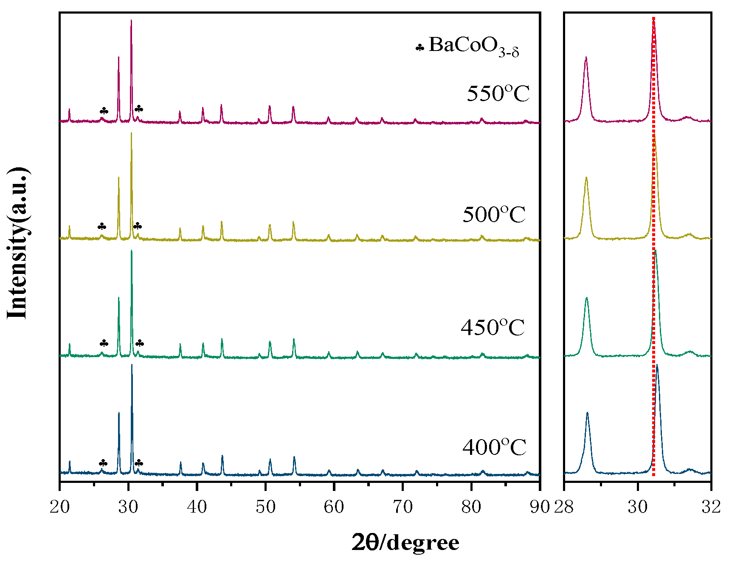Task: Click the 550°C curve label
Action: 498,94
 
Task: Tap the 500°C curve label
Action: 494,215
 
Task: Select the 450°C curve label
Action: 493,328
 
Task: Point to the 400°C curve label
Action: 494,448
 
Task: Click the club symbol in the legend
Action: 419,48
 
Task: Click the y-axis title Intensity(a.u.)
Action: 18,243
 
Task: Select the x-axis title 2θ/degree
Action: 405,543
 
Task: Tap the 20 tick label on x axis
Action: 60,507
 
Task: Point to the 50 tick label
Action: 265,507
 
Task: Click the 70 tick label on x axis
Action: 402,507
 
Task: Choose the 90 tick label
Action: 540,507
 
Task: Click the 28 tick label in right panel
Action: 564,507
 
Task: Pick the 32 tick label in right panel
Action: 711,507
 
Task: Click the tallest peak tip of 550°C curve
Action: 131,20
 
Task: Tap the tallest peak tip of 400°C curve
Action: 132,365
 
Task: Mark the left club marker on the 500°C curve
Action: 102,226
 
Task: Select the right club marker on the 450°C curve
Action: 139,343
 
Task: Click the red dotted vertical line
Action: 653,255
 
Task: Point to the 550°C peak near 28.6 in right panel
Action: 586,57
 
